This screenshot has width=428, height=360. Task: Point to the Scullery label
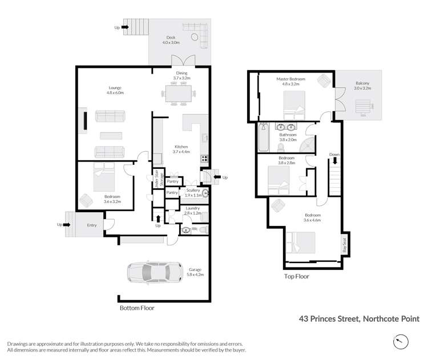pyautogui.click(x=193, y=190)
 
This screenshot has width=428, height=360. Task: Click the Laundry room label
pyautogui.click(x=193, y=208)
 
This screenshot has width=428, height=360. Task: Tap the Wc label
pyautogui.click(x=195, y=229)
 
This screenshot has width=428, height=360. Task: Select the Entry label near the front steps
pyautogui.click(x=92, y=225)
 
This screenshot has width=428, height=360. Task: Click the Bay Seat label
pyautogui.click(x=344, y=246)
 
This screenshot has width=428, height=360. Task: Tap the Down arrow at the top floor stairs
pyautogui.click(x=334, y=157)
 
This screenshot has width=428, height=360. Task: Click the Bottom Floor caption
pyautogui.click(x=137, y=308)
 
